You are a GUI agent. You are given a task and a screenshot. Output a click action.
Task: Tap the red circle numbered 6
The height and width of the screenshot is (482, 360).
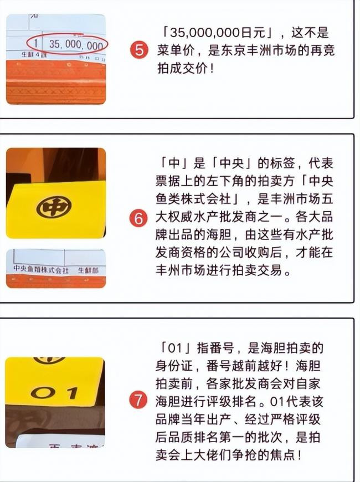tap(140, 218)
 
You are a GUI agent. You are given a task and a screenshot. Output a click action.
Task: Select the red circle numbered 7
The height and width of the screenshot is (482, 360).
tap(140, 400)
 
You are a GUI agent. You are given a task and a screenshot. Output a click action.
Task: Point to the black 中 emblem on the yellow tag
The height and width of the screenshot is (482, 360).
tap(54, 206)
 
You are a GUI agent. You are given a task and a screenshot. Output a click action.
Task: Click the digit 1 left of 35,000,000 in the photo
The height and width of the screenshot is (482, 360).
tap(36, 43)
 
